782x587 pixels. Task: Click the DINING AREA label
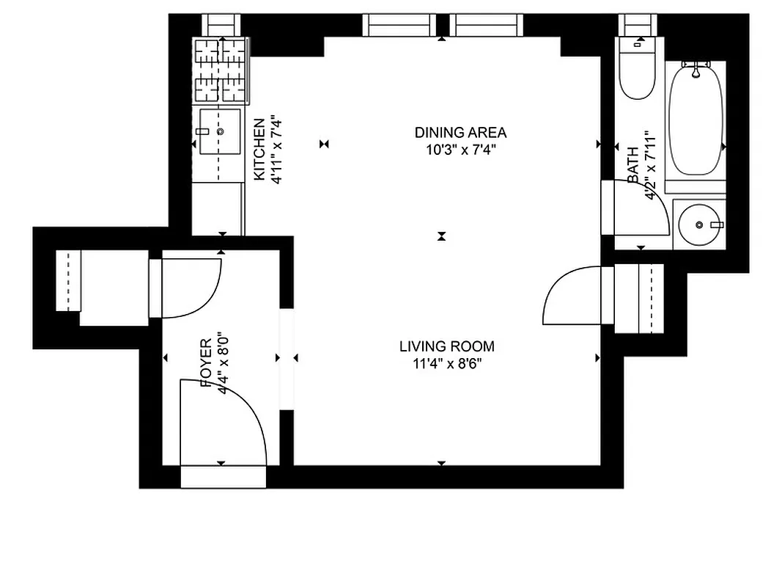(x=460, y=133)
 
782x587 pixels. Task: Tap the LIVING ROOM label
(x=446, y=346)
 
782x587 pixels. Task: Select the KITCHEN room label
(x=259, y=149)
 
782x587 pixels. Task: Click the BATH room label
(x=632, y=168)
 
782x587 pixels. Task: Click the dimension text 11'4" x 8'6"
(x=446, y=362)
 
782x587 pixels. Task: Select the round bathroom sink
(x=700, y=224)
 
